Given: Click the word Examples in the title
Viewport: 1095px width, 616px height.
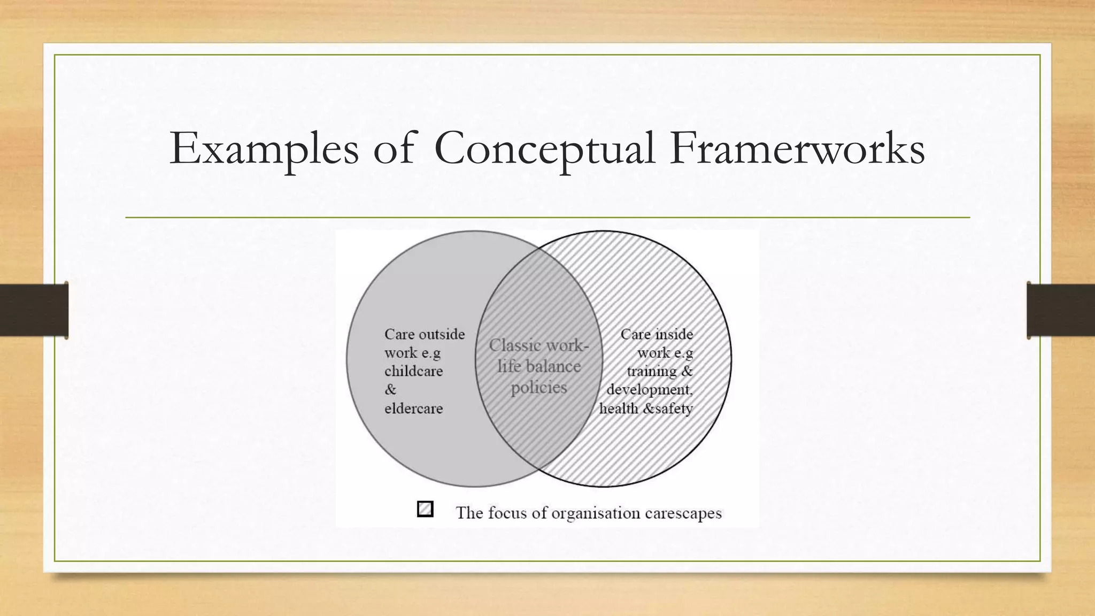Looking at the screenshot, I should [264, 149].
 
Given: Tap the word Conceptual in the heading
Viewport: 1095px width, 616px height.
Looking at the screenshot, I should [544, 149].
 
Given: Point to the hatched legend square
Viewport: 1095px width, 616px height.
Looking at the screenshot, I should [425, 509].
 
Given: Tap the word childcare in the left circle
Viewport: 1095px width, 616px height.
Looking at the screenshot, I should [413, 371].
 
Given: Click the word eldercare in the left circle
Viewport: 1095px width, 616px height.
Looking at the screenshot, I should [413, 409].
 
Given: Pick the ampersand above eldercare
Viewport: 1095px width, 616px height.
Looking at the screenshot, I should [390, 390].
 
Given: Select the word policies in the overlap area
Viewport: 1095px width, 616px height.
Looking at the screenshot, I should [538, 388].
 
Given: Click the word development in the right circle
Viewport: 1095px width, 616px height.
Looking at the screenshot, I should [649, 390].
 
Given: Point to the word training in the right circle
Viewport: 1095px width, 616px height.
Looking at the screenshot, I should [652, 371].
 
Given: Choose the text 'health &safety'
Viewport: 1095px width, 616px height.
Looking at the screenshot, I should [645, 409].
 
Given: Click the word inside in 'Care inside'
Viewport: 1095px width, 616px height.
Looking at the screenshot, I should [674, 334].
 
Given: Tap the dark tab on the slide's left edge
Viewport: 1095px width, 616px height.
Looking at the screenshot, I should [34, 310].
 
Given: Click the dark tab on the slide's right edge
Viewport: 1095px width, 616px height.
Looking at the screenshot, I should [1061, 310].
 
